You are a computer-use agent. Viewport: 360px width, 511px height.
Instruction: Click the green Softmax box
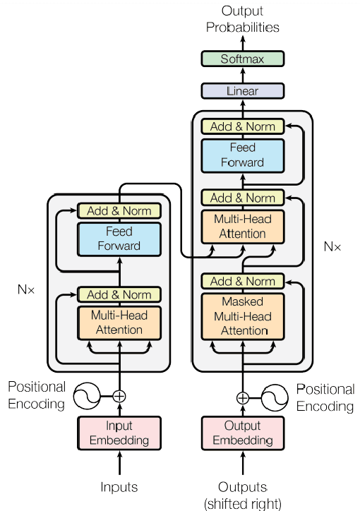pyautogui.click(x=242, y=59)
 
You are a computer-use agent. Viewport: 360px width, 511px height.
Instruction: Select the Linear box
pyautogui.click(x=242, y=91)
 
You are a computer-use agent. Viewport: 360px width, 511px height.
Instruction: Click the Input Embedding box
pyautogui.click(x=119, y=433)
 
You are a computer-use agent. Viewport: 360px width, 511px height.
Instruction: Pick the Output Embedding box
pyautogui.click(x=242, y=433)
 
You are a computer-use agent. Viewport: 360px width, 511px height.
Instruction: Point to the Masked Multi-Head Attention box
pyautogui.click(x=242, y=315)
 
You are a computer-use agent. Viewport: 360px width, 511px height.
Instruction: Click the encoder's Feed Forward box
pyautogui.click(x=119, y=239)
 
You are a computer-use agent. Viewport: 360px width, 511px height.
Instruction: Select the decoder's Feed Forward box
pyautogui.click(x=242, y=155)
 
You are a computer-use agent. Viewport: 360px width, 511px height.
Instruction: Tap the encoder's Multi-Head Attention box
pyautogui.click(x=119, y=323)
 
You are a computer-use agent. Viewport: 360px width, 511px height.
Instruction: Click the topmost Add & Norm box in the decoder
pyautogui.click(x=242, y=126)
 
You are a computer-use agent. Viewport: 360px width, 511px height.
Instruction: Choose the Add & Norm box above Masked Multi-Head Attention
pyautogui.click(x=242, y=282)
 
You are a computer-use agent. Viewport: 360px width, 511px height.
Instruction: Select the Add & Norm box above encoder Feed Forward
pyautogui.click(x=119, y=210)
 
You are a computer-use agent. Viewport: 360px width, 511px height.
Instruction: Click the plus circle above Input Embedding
pyautogui.click(x=119, y=396)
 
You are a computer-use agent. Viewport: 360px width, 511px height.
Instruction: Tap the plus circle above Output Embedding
pyautogui.click(x=242, y=397)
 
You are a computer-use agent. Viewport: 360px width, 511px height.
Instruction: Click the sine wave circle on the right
pyautogui.click(x=275, y=397)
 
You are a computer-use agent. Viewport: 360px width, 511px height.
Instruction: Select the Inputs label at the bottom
pyautogui.click(x=119, y=487)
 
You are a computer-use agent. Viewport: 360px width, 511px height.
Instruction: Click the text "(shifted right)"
pyautogui.click(x=242, y=503)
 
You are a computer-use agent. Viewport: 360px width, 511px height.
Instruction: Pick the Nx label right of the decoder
pyautogui.click(x=332, y=247)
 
